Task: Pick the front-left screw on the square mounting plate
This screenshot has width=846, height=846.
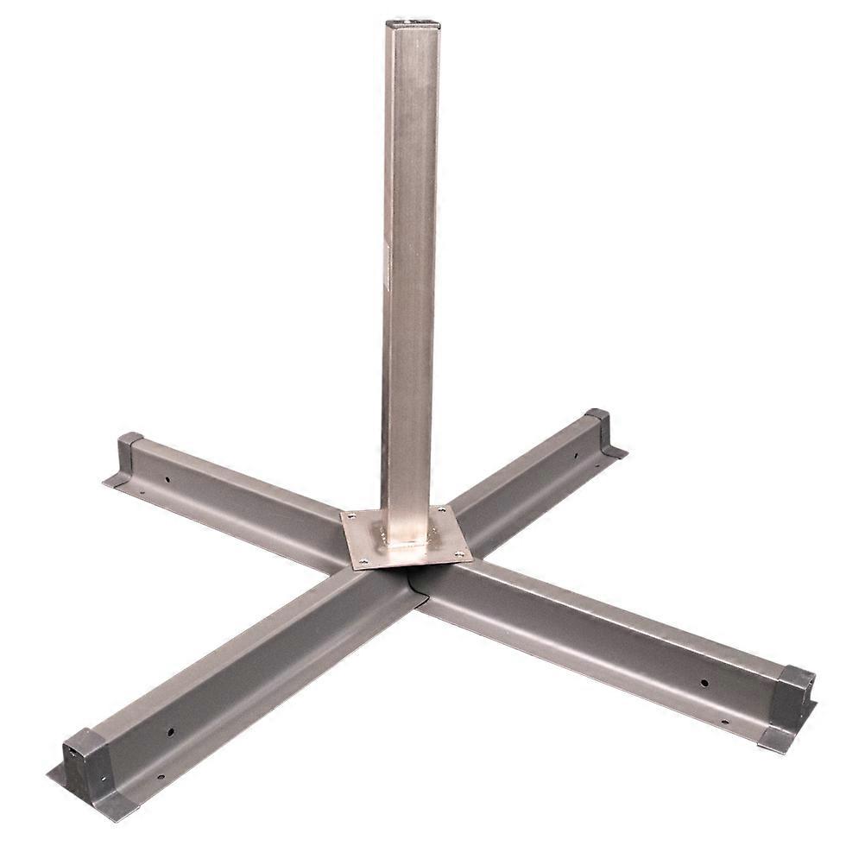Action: (x=363, y=563)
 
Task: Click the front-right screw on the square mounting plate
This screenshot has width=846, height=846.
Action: (x=458, y=553)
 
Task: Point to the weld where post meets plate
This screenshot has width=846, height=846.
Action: (x=406, y=546)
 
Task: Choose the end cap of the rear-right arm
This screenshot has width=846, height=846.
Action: (x=597, y=426)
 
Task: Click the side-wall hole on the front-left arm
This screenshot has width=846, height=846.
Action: (x=170, y=732)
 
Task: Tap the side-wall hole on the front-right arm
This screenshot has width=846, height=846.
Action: (x=705, y=683)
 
